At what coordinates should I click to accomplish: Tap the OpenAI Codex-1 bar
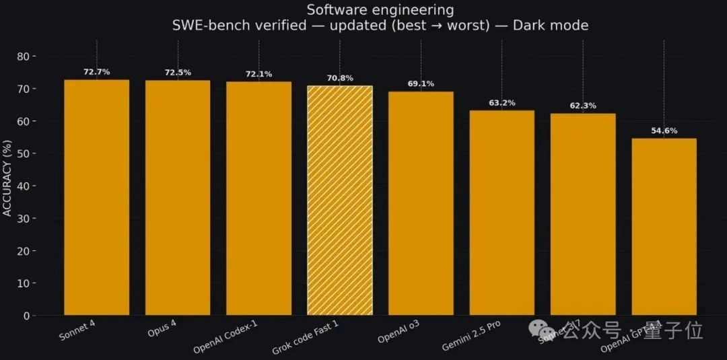click(x=258, y=199)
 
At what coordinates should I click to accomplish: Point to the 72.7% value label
click(x=96, y=71)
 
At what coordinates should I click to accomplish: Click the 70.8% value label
click(x=339, y=78)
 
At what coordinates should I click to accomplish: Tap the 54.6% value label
click(x=664, y=131)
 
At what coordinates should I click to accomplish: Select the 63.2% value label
click(x=501, y=103)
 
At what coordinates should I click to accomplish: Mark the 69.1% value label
click(x=421, y=83)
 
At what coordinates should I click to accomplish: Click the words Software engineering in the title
click(x=380, y=10)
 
